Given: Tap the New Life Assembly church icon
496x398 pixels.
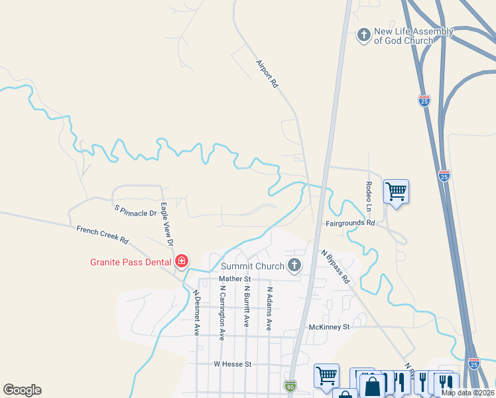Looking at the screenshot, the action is [363, 34].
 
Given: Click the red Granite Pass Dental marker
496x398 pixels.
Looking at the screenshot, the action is [181, 262].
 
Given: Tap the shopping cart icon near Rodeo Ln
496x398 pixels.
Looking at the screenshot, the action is [396, 192].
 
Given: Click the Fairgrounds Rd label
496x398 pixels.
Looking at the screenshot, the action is [350, 224].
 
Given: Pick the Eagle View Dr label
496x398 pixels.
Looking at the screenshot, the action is [166, 225].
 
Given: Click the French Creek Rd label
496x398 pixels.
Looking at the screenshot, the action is [102, 233].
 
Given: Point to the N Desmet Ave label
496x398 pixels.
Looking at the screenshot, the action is [196, 312].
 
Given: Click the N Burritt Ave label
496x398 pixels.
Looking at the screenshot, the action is [245, 306].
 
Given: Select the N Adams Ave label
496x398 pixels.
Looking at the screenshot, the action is [269, 308].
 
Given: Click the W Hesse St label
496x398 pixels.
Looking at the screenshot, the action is [232, 364].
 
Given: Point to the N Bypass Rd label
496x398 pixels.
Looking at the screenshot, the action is [336, 266].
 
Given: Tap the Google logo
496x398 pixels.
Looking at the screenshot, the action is [23, 390].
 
